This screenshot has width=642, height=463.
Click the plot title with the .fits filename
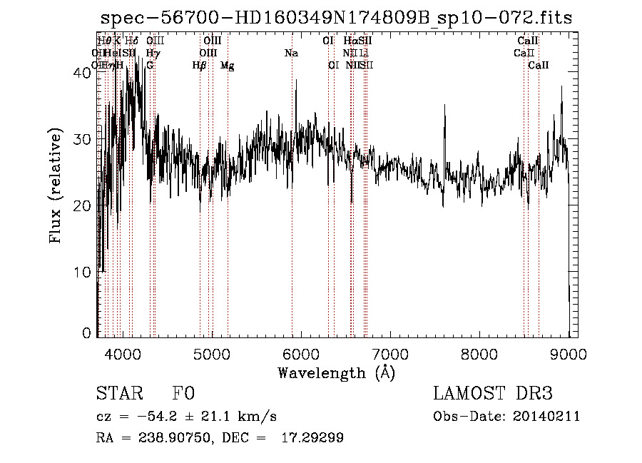(x=336, y=18)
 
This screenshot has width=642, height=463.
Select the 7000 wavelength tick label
(x=390, y=353)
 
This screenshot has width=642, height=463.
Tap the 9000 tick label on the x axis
(x=569, y=353)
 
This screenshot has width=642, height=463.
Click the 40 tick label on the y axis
(x=82, y=73)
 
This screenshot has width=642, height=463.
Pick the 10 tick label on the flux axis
(x=82, y=273)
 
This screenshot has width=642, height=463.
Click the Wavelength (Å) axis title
(x=336, y=372)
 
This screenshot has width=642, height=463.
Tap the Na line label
(x=291, y=53)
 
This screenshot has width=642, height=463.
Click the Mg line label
(x=227, y=66)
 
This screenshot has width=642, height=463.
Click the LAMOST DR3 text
(x=492, y=395)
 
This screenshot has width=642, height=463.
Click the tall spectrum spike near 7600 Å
(x=446, y=107)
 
